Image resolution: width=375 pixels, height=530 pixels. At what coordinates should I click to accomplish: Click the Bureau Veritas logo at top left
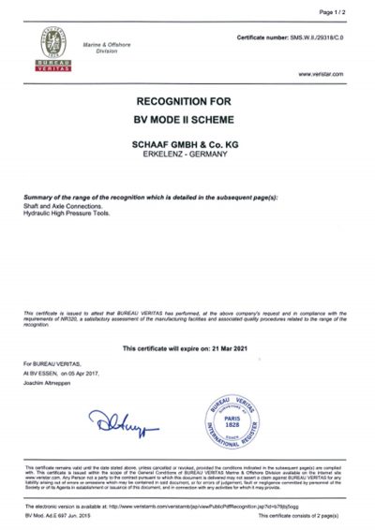[x=45, y=49]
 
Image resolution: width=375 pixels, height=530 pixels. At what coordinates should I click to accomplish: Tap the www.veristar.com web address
[x=321, y=73]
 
